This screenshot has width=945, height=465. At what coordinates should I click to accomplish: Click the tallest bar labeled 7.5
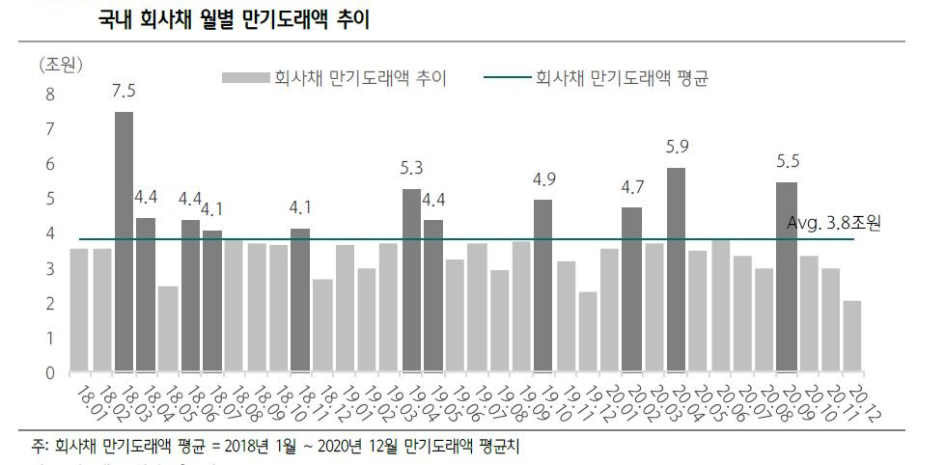124,241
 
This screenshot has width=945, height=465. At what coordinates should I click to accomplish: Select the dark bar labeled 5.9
676,270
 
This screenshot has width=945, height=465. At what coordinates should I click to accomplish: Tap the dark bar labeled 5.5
787,277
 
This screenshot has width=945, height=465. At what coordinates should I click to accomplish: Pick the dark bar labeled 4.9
543,286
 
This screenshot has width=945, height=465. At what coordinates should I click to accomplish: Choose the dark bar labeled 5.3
411,280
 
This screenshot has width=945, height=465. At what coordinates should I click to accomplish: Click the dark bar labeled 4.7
631,289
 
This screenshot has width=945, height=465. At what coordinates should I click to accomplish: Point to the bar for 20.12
852,337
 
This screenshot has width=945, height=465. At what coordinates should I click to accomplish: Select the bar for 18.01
79,310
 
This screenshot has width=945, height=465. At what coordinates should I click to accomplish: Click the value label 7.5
124,92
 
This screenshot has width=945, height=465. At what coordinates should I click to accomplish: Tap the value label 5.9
678,148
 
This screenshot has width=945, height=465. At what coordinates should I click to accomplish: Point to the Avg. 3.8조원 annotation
834,223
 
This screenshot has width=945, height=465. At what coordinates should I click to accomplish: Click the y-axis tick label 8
50,95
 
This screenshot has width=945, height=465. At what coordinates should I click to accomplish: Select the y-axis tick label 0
50,372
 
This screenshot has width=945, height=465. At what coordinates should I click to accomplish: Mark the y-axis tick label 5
50,199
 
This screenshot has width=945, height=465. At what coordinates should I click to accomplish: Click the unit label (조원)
62,66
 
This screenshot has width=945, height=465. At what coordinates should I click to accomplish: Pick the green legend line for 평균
501,78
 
